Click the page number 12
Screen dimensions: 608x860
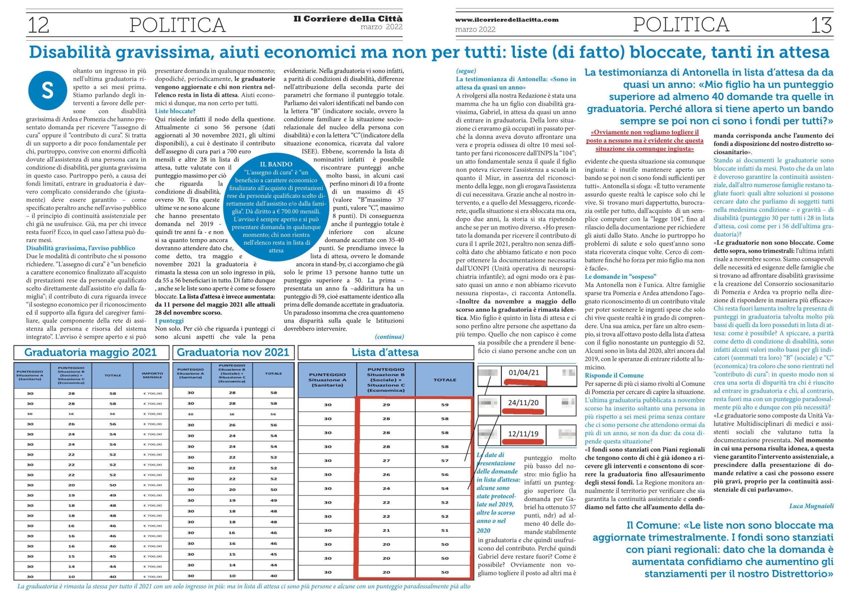click(x=39, y=25)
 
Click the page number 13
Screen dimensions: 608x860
click(x=821, y=26)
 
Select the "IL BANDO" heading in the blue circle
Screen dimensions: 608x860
click(x=276, y=164)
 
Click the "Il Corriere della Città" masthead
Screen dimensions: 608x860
click(x=348, y=19)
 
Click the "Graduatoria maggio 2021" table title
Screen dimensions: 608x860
click(x=90, y=352)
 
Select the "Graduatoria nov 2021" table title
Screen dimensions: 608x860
click(x=233, y=352)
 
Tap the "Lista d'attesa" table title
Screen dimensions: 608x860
click(x=385, y=352)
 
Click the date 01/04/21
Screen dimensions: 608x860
click(x=524, y=373)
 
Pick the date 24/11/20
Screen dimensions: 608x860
click(x=523, y=403)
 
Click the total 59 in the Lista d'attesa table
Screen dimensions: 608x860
click(x=444, y=405)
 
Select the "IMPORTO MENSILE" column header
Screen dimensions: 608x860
click(x=153, y=375)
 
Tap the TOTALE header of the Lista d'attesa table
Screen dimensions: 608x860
click(x=444, y=380)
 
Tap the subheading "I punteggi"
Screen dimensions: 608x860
click(x=169, y=321)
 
